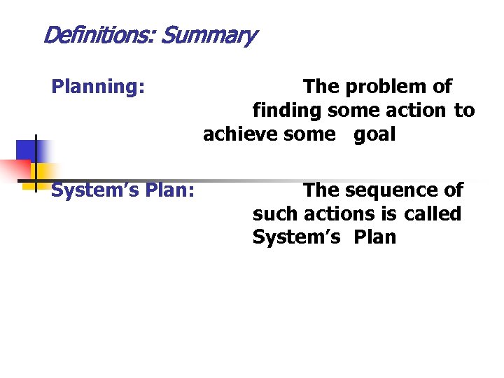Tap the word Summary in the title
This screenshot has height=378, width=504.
(208, 35)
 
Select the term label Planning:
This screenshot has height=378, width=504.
(98, 87)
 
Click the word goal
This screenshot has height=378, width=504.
(374, 134)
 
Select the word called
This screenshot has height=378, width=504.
(433, 213)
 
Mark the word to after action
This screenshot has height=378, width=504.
(464, 111)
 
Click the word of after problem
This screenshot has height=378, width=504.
(442, 87)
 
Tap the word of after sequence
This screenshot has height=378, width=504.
(454, 190)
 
